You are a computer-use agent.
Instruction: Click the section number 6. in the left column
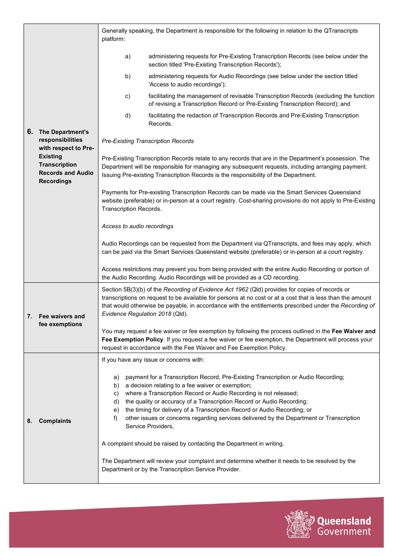(30, 132)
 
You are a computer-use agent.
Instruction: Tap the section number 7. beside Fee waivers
(29, 316)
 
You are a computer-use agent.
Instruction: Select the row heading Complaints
(55, 421)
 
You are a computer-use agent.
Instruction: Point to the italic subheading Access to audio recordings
(137, 226)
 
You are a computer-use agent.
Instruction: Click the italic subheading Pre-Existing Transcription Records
(148, 141)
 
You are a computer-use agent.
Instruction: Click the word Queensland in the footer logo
(344, 521)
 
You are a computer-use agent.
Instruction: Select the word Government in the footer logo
(344, 532)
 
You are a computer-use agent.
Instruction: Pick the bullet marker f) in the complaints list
(116, 418)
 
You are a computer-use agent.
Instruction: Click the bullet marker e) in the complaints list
(116, 410)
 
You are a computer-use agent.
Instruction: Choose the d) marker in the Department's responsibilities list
(128, 115)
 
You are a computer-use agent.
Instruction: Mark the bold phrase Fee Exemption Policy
(132, 339)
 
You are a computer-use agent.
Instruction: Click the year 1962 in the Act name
(242, 289)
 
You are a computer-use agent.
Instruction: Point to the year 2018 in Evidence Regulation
(164, 314)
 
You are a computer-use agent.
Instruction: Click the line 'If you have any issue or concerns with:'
(153, 360)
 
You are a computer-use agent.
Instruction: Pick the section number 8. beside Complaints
(29, 421)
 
